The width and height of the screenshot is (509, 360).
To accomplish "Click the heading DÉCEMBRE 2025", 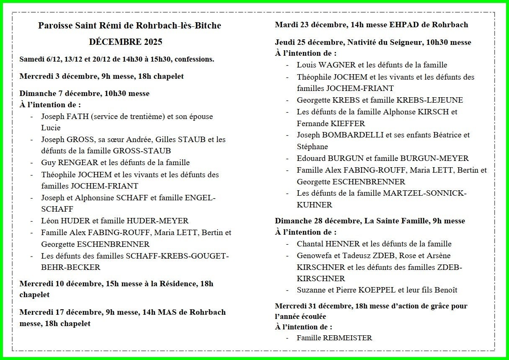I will tap(126, 42).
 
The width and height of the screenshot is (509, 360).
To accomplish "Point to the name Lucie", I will tap(51, 128).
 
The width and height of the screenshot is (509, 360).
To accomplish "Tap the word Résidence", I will tap(177, 284).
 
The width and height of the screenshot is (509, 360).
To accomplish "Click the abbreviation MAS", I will tap(165, 312).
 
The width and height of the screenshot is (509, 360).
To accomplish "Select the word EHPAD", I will tap(404, 25).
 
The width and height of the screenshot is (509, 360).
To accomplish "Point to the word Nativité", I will tap(364, 42).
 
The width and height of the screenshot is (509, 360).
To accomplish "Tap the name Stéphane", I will tap(312, 147).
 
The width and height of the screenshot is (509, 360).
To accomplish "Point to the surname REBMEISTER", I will tap(347, 338).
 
